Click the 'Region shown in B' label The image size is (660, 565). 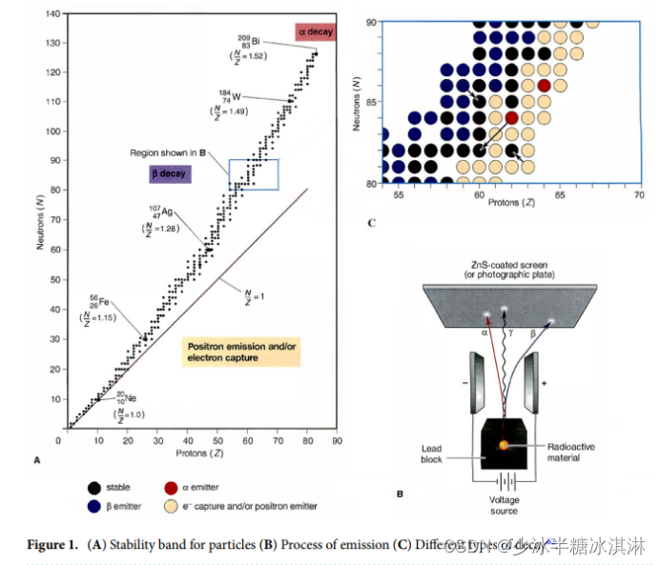(170, 152)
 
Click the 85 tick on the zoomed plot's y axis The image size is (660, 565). (372, 102)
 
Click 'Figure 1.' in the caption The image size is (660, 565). (52, 545)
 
